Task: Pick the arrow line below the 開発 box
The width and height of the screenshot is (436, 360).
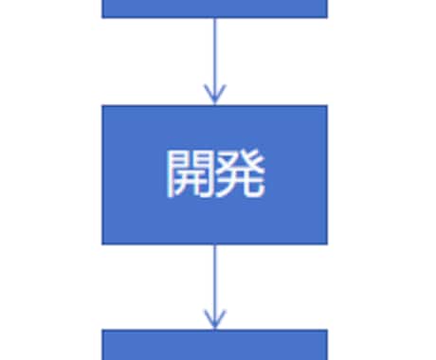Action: [x=214, y=279]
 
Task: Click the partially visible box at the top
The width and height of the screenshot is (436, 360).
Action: [x=214, y=8]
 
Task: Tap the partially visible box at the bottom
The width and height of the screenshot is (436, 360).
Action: [x=214, y=345]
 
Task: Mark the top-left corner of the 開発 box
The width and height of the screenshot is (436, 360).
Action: [x=102, y=105]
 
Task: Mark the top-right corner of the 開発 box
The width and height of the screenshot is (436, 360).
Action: [x=327, y=105]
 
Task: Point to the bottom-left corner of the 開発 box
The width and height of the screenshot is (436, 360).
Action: [x=102, y=243]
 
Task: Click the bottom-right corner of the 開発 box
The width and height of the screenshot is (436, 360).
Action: [x=327, y=243]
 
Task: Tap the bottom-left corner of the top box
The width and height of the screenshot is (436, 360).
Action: [x=102, y=17]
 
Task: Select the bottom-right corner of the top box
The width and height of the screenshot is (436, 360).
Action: [x=327, y=17]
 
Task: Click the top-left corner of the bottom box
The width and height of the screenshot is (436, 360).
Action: [x=102, y=331]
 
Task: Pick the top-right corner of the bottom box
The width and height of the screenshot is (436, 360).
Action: [x=327, y=331]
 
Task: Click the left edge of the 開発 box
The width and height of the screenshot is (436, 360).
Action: [x=102, y=174]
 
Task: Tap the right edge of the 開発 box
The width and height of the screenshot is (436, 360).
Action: [x=327, y=174]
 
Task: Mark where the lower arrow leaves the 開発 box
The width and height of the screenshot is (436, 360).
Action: [x=214, y=244]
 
